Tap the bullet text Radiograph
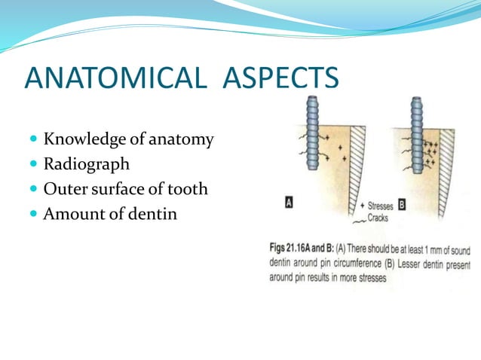(x=86, y=163)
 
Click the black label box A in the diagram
(x=289, y=203)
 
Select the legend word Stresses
(x=386, y=205)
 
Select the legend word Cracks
(x=382, y=218)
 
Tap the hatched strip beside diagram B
(x=446, y=158)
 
